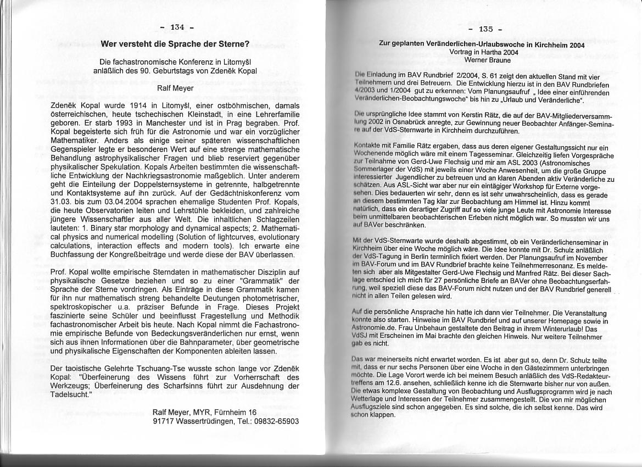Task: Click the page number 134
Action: click(x=177, y=27)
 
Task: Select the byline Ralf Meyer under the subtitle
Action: click(x=175, y=87)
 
